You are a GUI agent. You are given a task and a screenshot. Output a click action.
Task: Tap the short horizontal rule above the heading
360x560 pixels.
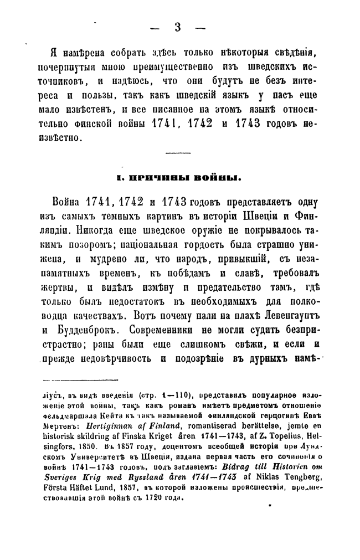[178, 153]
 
